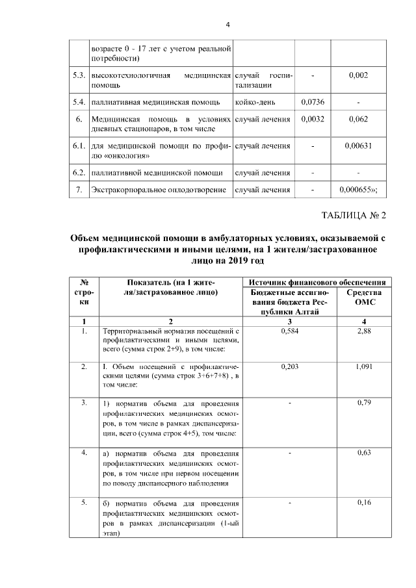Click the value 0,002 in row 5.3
point(359,76)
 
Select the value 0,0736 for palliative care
point(313,102)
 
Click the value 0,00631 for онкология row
point(359,146)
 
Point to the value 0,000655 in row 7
point(359,190)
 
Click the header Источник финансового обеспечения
point(318,283)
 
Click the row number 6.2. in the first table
point(79,173)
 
